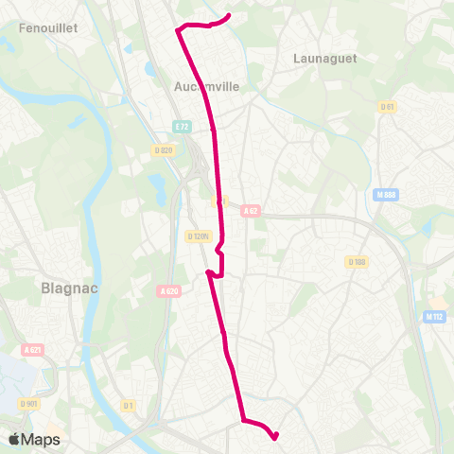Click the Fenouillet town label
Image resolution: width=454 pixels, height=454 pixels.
(x=47, y=28)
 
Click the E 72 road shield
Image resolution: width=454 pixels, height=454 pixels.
(x=183, y=126)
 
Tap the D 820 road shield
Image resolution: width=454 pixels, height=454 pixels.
(x=164, y=149)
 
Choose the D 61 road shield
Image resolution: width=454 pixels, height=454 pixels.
(x=385, y=106)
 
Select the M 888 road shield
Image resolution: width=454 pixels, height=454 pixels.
(x=384, y=195)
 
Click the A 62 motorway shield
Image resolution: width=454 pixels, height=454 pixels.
(x=251, y=211)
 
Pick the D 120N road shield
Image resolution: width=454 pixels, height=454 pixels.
(x=199, y=236)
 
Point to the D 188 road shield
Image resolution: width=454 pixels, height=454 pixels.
(x=357, y=261)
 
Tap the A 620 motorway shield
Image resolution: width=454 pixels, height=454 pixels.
(x=170, y=291)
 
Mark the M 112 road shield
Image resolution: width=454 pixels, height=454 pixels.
(x=434, y=317)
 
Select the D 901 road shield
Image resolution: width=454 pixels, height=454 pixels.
(x=28, y=404)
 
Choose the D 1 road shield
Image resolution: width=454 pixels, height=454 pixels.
(x=129, y=406)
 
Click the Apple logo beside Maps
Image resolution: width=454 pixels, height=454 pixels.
(x=14, y=439)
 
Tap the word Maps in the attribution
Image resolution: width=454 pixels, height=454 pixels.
(x=41, y=439)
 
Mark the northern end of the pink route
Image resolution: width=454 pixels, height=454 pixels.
(x=230, y=14)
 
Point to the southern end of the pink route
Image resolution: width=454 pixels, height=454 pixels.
(x=275, y=437)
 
